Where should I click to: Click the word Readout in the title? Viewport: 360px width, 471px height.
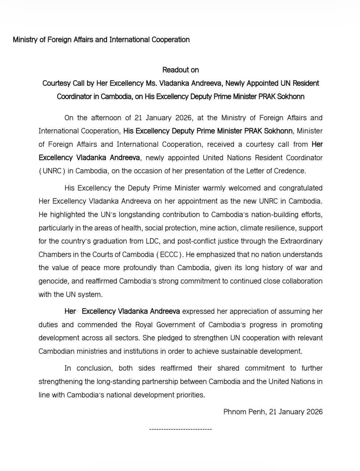coord(175,70)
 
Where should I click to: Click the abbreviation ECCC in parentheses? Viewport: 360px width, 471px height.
coord(169,255)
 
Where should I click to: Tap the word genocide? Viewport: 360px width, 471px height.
coord(53,281)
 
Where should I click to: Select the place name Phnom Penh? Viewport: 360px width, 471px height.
coord(244,412)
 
